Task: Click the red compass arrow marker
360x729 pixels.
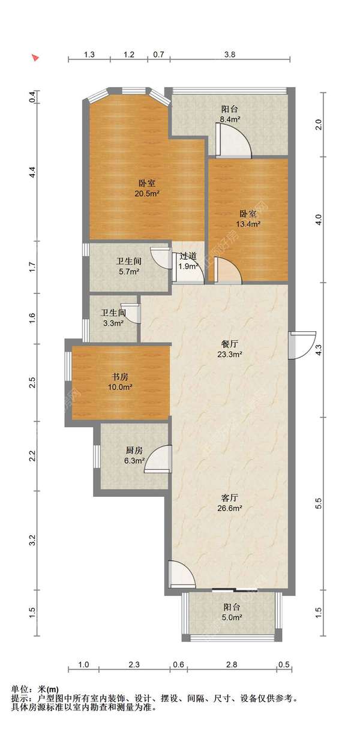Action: pos(35,58)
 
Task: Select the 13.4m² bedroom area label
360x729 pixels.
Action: pos(248,224)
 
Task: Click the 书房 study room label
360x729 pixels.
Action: pos(120,377)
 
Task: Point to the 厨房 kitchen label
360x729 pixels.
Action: pos(134,451)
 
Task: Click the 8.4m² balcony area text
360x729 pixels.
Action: pos(230,119)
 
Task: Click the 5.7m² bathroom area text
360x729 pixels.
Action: pos(129,272)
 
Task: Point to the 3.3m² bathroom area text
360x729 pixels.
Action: pos(113,323)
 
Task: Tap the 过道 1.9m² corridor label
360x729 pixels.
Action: pos(188,262)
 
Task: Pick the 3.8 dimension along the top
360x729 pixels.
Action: pos(230,55)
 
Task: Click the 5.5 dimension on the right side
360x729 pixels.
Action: pos(319,503)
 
